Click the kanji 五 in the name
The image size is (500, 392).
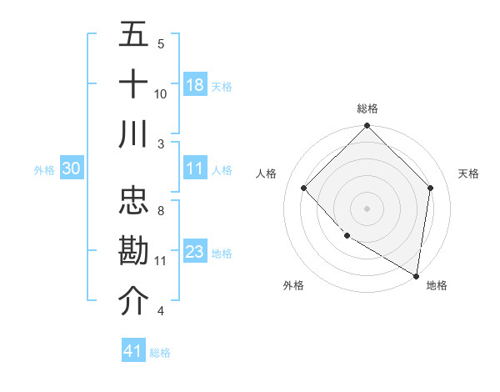pos(133,34)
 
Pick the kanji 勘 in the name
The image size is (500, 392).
pos(133,252)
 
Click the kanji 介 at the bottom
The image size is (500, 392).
pos(133,302)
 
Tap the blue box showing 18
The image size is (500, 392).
pos(194,85)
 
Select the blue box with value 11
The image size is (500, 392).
pos(194,168)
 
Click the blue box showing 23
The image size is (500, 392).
pos(194,252)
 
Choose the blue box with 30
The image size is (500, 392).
pos(71,168)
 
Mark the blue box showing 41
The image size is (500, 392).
pos(133,351)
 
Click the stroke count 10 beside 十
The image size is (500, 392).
pos(161,93)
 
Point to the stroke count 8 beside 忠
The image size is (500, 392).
pos(161,211)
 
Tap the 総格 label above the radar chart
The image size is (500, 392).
pos(367,108)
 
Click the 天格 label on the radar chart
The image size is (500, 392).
pos(468,173)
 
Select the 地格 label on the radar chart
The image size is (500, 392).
pos(437,285)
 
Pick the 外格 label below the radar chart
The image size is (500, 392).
pos(293,285)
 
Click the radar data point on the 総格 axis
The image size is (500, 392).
pos(367,128)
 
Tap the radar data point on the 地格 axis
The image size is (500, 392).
pos(417,275)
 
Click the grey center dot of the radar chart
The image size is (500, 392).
pos(367,208)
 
